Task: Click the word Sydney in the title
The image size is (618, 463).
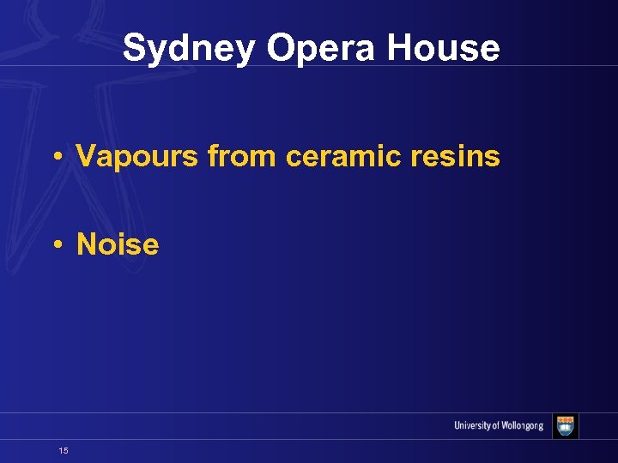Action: click(188, 49)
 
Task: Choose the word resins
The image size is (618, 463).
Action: click(457, 157)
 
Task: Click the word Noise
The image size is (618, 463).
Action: click(118, 244)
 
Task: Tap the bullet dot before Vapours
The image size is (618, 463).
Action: click(56, 158)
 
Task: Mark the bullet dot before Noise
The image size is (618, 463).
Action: click(56, 245)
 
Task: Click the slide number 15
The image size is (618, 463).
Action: click(64, 450)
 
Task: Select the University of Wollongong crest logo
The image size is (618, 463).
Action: click(566, 426)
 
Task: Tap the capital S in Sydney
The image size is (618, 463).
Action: click(132, 48)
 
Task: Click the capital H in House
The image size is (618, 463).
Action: click(397, 48)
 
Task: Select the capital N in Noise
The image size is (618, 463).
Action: click(86, 244)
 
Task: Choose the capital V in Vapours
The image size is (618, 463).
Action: click(86, 157)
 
